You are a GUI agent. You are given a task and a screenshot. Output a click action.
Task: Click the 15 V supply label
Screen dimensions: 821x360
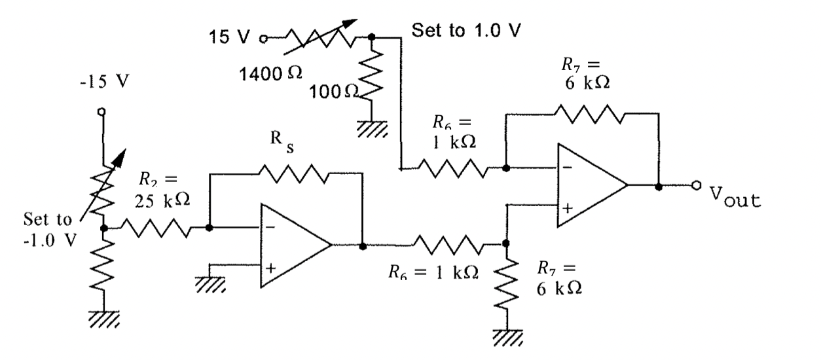(x=229, y=37)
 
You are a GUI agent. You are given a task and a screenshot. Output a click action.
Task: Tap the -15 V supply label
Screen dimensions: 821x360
(x=105, y=81)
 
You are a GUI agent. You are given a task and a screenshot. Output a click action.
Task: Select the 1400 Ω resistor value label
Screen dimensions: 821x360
(x=270, y=74)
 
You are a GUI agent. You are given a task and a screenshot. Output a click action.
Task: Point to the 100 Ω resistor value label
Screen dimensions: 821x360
(x=333, y=92)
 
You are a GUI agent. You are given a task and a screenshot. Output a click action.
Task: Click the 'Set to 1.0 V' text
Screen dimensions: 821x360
(x=466, y=30)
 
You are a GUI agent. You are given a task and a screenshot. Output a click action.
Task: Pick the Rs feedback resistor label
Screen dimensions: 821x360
(x=282, y=141)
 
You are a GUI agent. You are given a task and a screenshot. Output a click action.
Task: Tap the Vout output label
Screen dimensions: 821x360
(x=735, y=197)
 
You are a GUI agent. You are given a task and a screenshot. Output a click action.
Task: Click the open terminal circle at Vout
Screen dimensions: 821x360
(x=697, y=185)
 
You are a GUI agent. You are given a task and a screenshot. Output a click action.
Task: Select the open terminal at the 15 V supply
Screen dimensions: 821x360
(x=263, y=39)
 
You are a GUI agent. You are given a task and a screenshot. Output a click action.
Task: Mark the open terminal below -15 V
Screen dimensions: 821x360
(x=102, y=111)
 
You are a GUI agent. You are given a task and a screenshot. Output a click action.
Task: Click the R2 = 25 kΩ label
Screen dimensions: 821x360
(x=162, y=190)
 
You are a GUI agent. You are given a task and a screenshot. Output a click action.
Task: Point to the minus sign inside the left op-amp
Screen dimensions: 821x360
(x=270, y=228)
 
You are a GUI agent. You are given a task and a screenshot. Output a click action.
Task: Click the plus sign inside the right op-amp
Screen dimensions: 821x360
(x=568, y=208)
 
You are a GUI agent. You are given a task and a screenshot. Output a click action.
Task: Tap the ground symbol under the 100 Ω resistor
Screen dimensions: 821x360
(x=372, y=129)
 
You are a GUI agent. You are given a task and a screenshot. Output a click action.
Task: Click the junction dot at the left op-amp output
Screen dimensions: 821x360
(x=363, y=246)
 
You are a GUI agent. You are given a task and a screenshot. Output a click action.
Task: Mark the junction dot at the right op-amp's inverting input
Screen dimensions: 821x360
(x=506, y=168)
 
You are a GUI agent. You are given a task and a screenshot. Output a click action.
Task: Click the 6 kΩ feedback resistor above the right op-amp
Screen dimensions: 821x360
(x=589, y=114)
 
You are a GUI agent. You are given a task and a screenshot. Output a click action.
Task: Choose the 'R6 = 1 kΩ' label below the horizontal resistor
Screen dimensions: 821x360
(x=433, y=272)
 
